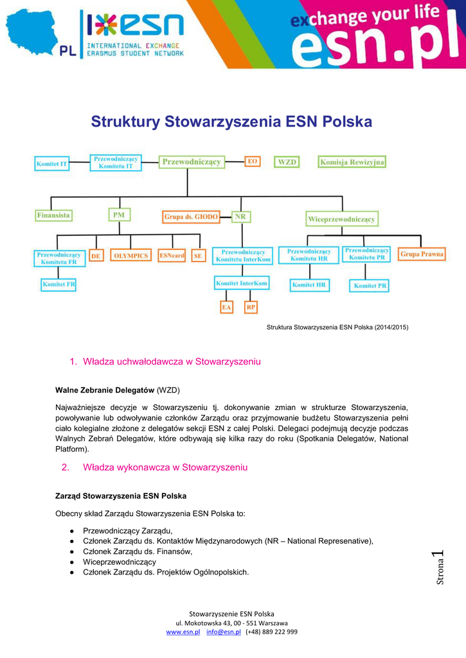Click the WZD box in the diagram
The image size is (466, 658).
(x=287, y=162)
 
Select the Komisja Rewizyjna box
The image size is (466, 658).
(x=352, y=162)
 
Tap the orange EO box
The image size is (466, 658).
(x=253, y=161)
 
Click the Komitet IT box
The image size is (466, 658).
(x=52, y=164)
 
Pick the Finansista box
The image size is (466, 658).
(x=53, y=215)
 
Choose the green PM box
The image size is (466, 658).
(x=119, y=215)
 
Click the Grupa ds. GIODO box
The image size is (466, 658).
(x=191, y=217)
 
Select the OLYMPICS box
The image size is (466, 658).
(x=130, y=256)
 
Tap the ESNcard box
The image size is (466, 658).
(x=172, y=256)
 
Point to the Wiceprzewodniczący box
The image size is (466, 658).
(x=341, y=219)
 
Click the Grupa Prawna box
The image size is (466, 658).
(x=422, y=254)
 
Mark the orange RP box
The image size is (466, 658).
(x=251, y=308)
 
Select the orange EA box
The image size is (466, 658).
(x=226, y=308)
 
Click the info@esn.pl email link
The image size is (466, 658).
(x=223, y=632)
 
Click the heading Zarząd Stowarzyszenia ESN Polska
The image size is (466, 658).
(x=121, y=496)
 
